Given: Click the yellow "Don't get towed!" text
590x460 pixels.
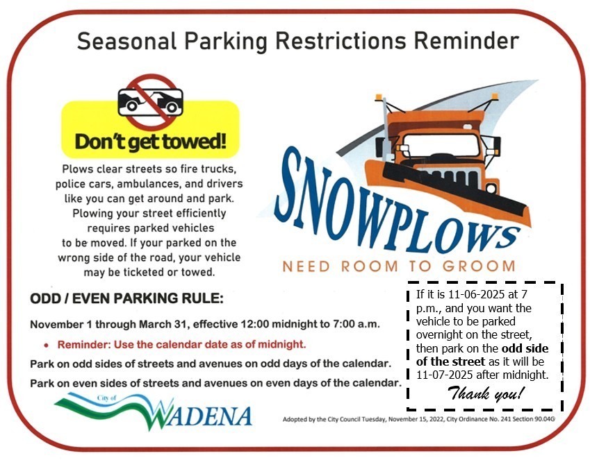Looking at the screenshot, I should (150, 142).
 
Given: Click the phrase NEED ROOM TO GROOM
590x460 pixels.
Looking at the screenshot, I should (398, 266).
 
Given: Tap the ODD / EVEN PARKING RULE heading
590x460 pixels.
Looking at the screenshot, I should (126, 300).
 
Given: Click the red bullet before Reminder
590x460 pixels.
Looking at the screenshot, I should (47, 345).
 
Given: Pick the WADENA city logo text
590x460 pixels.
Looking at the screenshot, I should (202, 415).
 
